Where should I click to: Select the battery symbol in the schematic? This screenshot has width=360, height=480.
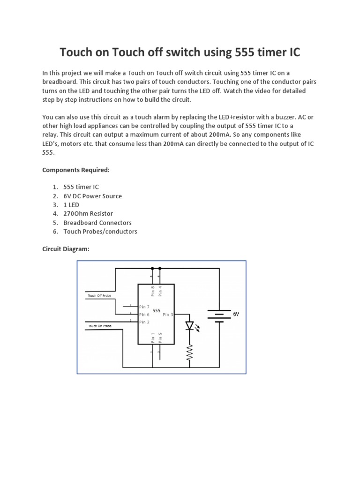pos(218,315)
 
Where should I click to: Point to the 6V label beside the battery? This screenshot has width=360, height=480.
pos(236,315)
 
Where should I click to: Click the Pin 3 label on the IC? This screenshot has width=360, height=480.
pos(168,315)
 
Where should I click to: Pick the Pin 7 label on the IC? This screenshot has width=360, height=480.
pos(144,307)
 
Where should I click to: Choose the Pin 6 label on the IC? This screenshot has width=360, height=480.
pos(144,315)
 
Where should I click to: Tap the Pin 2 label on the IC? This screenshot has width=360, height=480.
pos(144,322)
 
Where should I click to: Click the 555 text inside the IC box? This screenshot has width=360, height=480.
pos(157,310)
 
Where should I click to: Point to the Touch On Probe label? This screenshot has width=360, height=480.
pos(100,325)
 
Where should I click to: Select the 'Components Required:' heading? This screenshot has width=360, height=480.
pos(76,169)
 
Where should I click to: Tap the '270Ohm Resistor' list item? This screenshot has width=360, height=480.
pos(88,214)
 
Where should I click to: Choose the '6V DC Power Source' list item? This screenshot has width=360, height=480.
pos(92,196)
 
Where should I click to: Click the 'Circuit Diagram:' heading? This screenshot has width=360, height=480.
pos(66,249)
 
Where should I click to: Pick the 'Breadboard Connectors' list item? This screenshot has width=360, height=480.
pos(97,223)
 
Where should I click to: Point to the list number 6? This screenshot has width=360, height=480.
pos(55,232)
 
